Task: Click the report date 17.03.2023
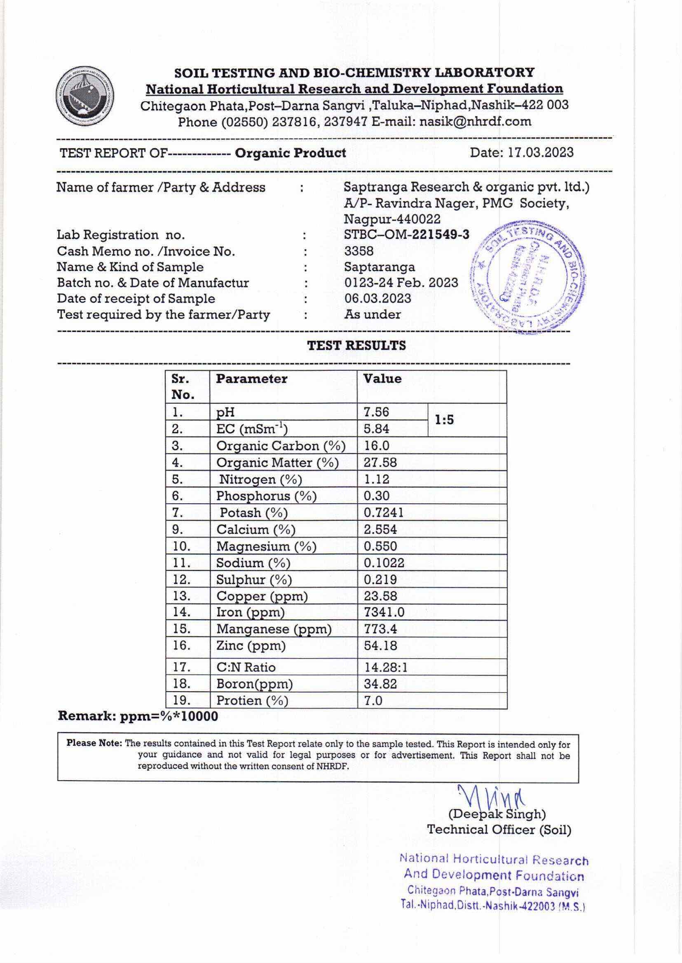tap(540, 152)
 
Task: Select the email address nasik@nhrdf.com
tap(476, 122)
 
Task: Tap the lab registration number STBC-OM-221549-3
tap(406, 235)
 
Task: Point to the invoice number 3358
tap(359, 251)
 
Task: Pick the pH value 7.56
tap(376, 412)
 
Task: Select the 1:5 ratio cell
tap(444, 420)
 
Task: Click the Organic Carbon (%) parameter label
tap(281, 445)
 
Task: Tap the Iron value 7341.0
tap(384, 612)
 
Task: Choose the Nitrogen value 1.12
tap(376, 479)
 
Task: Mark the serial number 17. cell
tap(182, 666)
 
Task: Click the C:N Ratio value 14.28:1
tap(386, 667)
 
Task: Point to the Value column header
tap(382, 379)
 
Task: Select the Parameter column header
tap(251, 379)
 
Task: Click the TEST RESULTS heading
tap(356, 346)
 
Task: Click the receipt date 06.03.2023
tap(377, 299)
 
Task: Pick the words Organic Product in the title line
tap(291, 153)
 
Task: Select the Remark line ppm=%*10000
tap(138, 716)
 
